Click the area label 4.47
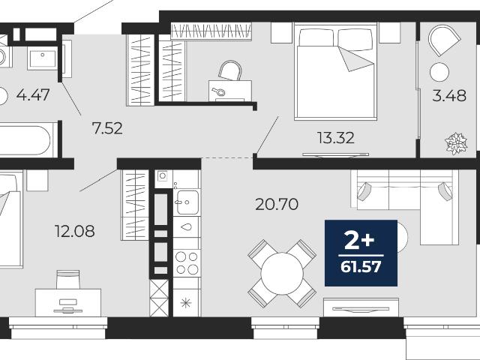click(x=33, y=95)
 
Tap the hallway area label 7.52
click(x=107, y=128)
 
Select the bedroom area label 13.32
click(x=336, y=138)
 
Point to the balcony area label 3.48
click(x=449, y=96)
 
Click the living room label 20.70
click(x=277, y=204)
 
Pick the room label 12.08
click(x=75, y=231)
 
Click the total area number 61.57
click(x=361, y=267)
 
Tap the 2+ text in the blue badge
click(x=359, y=241)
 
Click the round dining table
click(x=282, y=273)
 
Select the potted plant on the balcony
click(x=456, y=143)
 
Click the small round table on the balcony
click(x=439, y=72)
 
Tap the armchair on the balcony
click(x=444, y=40)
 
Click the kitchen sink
click(x=187, y=202)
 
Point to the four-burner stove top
click(x=187, y=263)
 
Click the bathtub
click(x=26, y=140)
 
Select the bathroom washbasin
click(x=42, y=58)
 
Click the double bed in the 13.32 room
click(x=335, y=72)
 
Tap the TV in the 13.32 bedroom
click(x=335, y=155)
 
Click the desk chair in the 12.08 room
click(x=68, y=280)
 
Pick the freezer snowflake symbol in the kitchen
click(x=186, y=303)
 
